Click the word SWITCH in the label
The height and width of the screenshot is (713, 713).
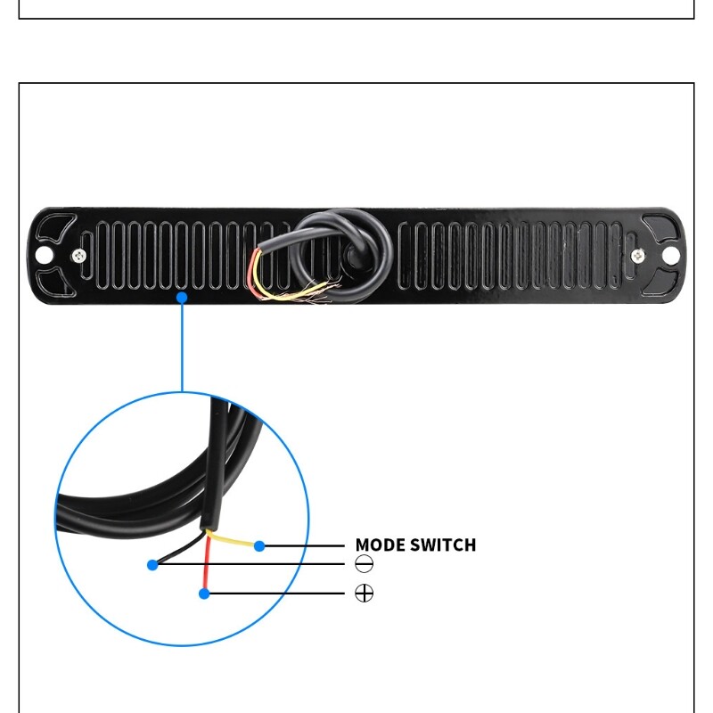pos(447,545)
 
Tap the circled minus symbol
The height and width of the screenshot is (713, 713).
pos(364,564)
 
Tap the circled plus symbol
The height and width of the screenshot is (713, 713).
pos(364,593)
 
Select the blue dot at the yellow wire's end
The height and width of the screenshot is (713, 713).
pos(259,545)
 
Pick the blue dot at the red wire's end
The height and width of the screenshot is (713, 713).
pos(204,593)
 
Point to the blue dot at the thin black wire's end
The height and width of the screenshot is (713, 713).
pos(152,564)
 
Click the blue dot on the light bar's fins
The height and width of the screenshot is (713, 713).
pos(182,298)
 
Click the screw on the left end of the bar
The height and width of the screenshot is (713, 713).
pos(81,256)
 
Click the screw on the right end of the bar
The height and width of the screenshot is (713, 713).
pos(637,256)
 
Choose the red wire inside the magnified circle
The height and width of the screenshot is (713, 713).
pos(205,566)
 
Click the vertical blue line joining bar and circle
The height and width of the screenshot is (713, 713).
pos(182,348)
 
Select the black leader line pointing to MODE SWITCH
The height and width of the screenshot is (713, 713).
pos(303,545)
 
